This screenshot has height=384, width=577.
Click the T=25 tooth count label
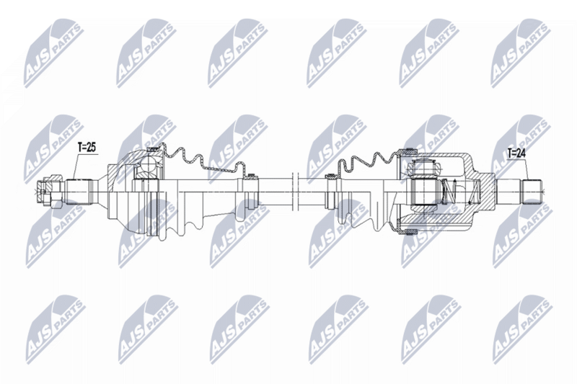pos(86,147)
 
